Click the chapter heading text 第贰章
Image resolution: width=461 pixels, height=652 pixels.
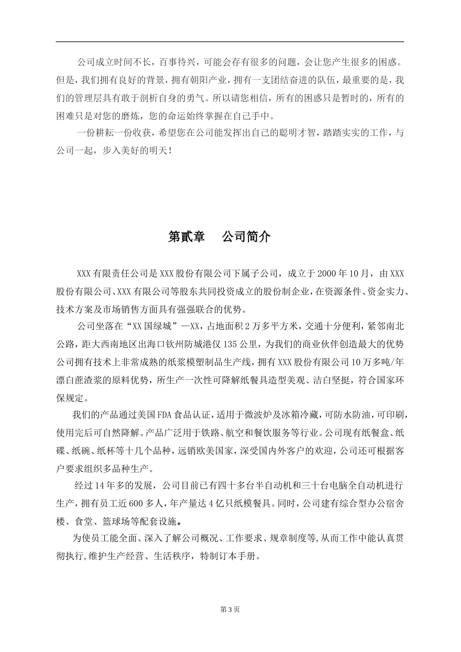tap(186, 237)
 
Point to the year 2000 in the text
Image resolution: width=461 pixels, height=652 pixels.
tap(328, 273)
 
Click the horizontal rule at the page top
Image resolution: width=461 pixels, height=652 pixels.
tap(230, 42)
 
